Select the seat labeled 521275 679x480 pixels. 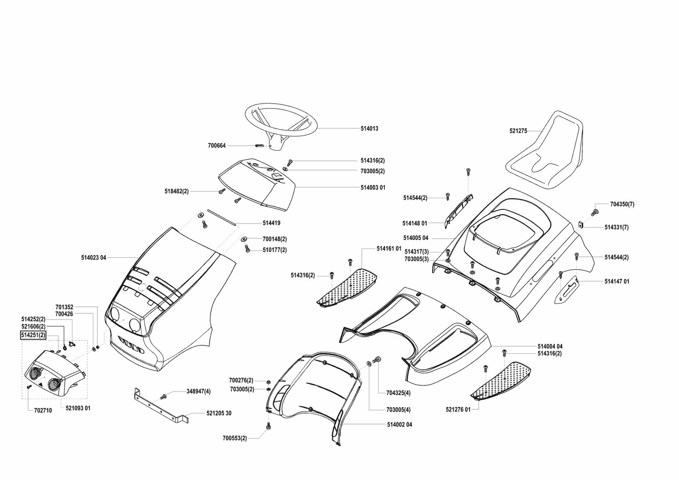(546, 151)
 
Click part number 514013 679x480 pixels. (369, 128)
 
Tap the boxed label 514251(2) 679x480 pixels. (33, 335)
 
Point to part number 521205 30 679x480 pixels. (219, 413)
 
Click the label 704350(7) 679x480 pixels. (622, 204)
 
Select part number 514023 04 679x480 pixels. (94, 257)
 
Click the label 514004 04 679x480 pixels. (550, 346)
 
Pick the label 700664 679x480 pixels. (217, 145)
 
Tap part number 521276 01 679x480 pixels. (458, 410)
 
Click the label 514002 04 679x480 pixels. (399, 425)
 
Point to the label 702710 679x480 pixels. (43, 411)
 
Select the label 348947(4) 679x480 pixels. (199, 392)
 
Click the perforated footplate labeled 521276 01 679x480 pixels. (502, 379)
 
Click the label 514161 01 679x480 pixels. (389, 248)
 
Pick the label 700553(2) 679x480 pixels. (235, 439)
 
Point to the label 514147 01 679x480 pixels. (617, 281)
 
